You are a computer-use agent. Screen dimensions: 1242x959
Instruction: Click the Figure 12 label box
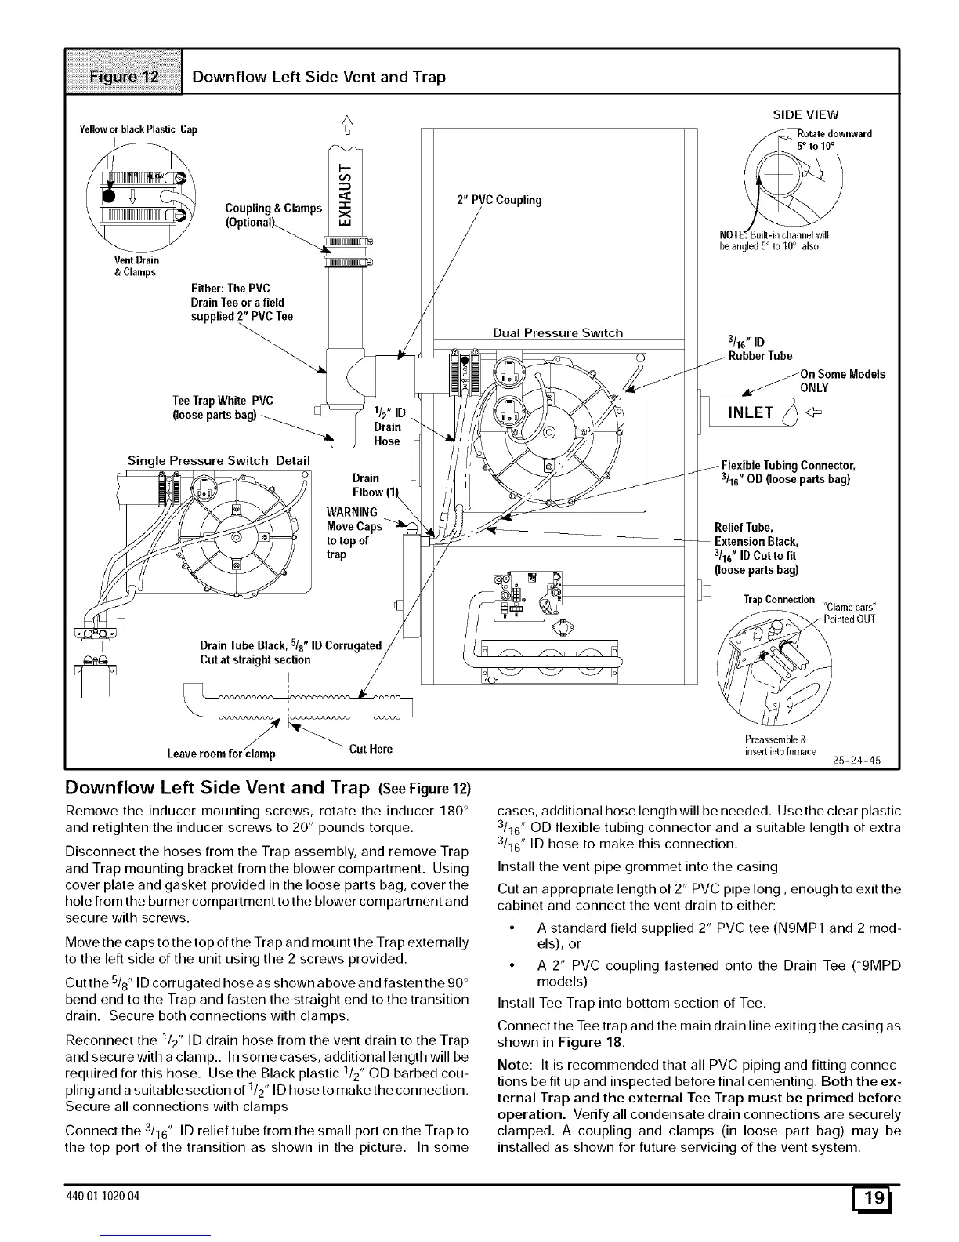(x=124, y=76)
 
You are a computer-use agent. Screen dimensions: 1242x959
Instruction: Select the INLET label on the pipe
(x=751, y=412)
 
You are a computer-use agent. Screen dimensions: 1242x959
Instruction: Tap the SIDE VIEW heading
(x=805, y=115)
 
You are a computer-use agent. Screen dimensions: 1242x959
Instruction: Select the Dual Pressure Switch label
(x=557, y=333)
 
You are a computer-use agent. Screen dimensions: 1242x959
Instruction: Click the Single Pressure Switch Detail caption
(x=219, y=460)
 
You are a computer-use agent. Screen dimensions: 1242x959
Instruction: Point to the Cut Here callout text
(x=371, y=749)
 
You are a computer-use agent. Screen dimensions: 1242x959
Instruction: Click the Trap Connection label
(x=779, y=600)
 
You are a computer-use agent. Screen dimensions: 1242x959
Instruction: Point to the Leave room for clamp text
(x=221, y=754)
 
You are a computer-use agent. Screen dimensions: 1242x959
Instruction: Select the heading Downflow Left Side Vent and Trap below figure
(x=218, y=787)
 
